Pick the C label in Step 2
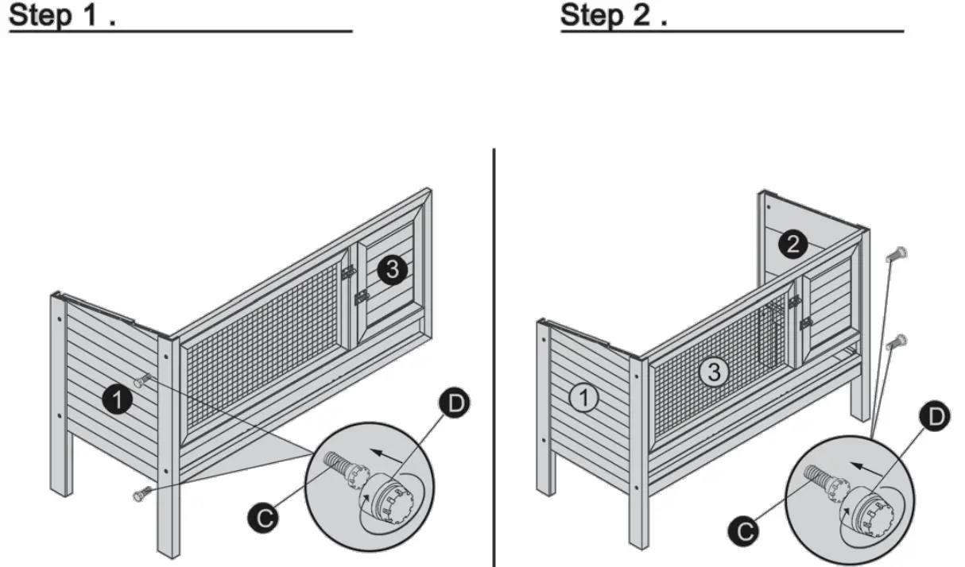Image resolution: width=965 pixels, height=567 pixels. point(742,530)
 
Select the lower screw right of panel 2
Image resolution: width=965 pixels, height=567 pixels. point(896,342)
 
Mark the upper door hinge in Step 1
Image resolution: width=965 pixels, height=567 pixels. point(347,272)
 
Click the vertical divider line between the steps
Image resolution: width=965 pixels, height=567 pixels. point(494,357)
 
